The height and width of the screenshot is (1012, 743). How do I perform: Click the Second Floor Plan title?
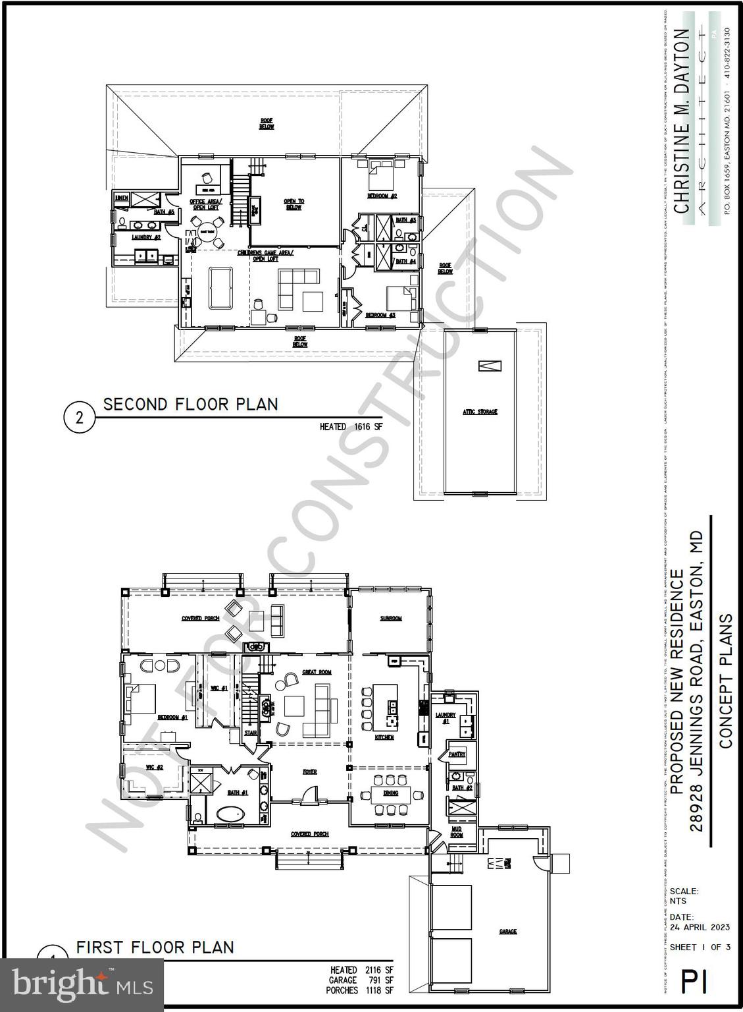[x=190, y=404]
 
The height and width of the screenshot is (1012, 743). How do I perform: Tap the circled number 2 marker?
[x=79, y=418]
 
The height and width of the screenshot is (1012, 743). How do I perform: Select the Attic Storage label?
[x=480, y=412]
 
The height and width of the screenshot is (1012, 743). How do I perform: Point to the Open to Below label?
[x=294, y=204]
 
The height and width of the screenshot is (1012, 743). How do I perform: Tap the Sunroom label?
[x=390, y=618]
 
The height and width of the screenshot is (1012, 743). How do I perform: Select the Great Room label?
[x=317, y=672]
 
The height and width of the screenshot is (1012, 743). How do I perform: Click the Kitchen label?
[x=384, y=737]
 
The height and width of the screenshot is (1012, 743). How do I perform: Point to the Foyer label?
[x=309, y=772]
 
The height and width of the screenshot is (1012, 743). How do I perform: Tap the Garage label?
[x=507, y=931]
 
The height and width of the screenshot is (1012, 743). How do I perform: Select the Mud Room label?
[x=457, y=831]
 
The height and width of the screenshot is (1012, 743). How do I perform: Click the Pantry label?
[x=457, y=754]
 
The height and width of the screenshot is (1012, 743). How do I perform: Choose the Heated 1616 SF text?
[x=350, y=426]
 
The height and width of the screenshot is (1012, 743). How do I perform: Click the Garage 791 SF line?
[x=361, y=980]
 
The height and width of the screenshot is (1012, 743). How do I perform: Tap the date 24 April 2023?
[x=699, y=927]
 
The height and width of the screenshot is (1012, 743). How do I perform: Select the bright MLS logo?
[x=82, y=984]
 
